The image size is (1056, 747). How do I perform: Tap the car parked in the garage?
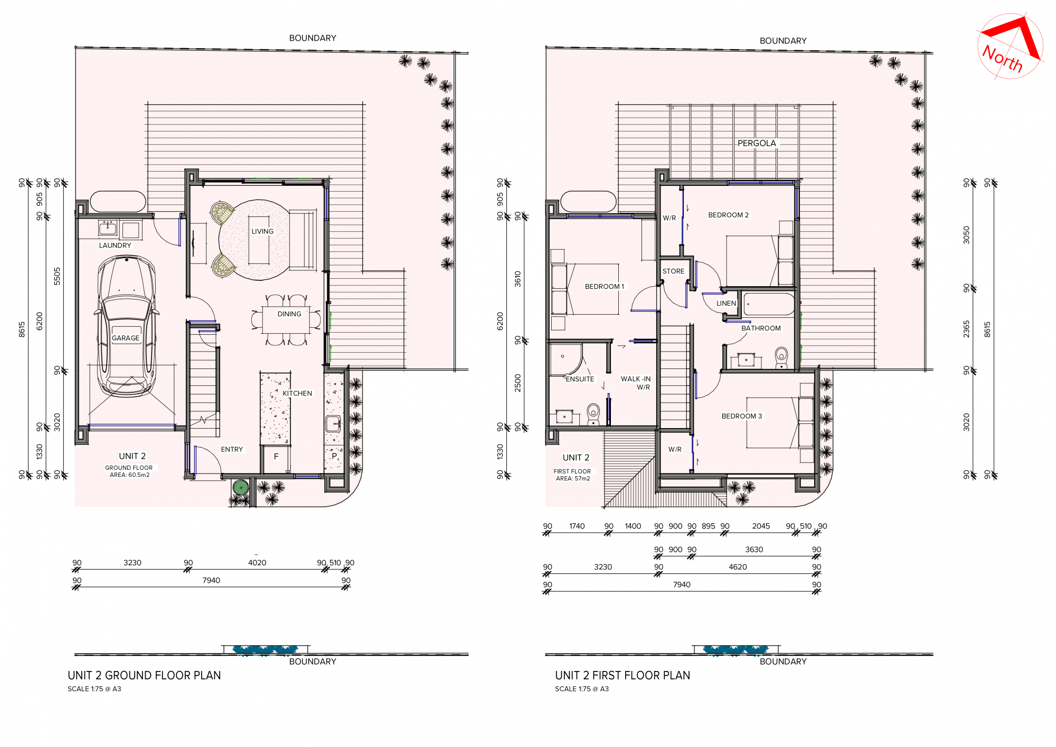point(126,326)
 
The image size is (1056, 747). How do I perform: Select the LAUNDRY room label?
point(115,245)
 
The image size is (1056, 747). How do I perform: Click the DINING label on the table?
point(289,314)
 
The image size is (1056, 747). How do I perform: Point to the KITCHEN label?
point(297,393)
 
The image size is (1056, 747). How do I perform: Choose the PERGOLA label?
point(757,143)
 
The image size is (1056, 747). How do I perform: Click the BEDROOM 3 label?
point(742,416)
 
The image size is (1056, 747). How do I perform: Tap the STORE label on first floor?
point(673,271)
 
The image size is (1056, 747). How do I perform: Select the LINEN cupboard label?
point(726,304)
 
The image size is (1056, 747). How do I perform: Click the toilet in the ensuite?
point(593,414)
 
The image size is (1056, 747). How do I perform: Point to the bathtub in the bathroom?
point(769,305)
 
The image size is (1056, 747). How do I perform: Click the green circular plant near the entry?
point(241,488)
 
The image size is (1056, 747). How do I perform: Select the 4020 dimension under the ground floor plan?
point(257,563)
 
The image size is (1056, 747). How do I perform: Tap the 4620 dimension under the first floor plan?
point(738,567)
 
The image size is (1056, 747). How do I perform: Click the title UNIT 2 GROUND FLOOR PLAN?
point(144,675)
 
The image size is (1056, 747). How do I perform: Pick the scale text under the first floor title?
point(582,689)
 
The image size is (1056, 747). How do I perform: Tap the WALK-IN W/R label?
point(636,383)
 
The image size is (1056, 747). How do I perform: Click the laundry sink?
point(108,229)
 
